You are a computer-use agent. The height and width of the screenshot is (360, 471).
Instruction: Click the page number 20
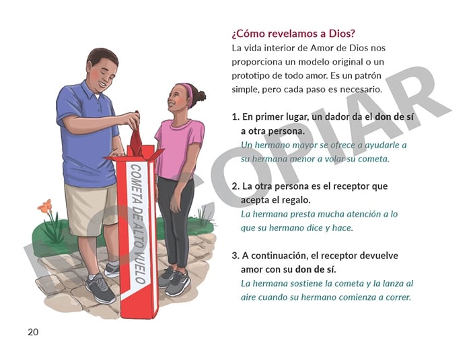coord(33,332)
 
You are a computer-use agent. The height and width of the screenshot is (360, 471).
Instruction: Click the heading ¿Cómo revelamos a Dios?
coord(293,34)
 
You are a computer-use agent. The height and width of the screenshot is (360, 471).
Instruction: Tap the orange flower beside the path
coord(45,207)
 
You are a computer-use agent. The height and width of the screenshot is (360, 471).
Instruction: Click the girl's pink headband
coord(188,94)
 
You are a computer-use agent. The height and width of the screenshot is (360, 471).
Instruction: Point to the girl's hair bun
coord(201,96)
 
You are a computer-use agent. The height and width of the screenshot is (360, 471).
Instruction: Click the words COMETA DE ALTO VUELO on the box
coord(137,224)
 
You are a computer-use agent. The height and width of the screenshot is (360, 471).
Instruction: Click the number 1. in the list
coord(235,117)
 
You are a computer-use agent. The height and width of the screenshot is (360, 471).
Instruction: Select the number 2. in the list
coord(235,186)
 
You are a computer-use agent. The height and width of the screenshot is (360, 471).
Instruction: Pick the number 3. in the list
coord(235,256)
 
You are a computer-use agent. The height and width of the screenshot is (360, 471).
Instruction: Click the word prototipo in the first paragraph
coord(252,76)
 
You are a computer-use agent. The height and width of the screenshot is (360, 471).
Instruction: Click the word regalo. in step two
coord(297,200)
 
